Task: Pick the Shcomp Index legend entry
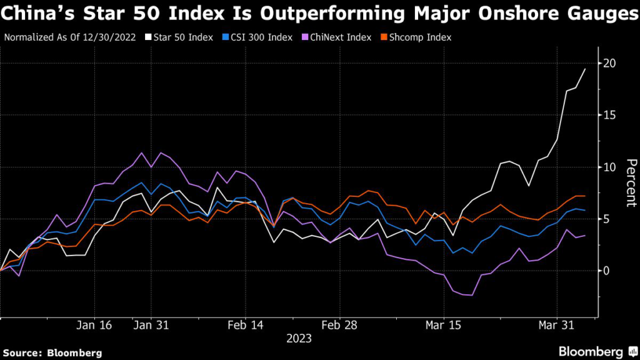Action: click(418, 37)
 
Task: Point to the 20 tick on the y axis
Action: click(609, 64)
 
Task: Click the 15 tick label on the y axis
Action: click(609, 116)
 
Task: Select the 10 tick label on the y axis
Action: click(609, 167)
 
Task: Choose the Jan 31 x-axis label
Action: click(152, 326)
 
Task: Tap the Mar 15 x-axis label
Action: click(443, 326)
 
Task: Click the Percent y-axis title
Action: click(631, 182)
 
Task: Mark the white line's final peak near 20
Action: click(585, 69)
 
